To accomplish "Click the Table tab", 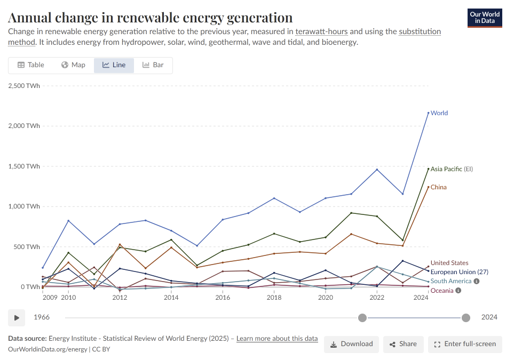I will pyautogui.click(x=30, y=65).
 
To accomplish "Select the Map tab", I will pyautogui.click(x=73, y=65).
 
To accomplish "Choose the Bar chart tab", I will pyautogui.click(x=153, y=65).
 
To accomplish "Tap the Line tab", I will pyautogui.click(x=114, y=65).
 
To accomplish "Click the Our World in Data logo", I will pyautogui.click(x=484, y=18).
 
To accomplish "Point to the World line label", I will pyautogui.click(x=439, y=113).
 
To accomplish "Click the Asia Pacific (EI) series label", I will pyautogui.click(x=452, y=169).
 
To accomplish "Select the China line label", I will pyautogui.click(x=439, y=187).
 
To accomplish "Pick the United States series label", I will pyautogui.click(x=449, y=263).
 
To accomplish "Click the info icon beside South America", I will pyautogui.click(x=476, y=281).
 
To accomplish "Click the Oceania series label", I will pyautogui.click(x=442, y=291).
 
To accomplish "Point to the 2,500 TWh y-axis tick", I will pyautogui.click(x=24, y=86).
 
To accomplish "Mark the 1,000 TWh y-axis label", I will pyautogui.click(x=24, y=206).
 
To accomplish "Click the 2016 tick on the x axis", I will pyautogui.click(x=223, y=297).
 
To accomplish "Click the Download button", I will pyautogui.click(x=351, y=344).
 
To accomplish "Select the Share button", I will pyautogui.click(x=403, y=344).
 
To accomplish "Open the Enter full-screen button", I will pyautogui.click(x=465, y=344).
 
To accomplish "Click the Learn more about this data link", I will pyautogui.click(x=277, y=339).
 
